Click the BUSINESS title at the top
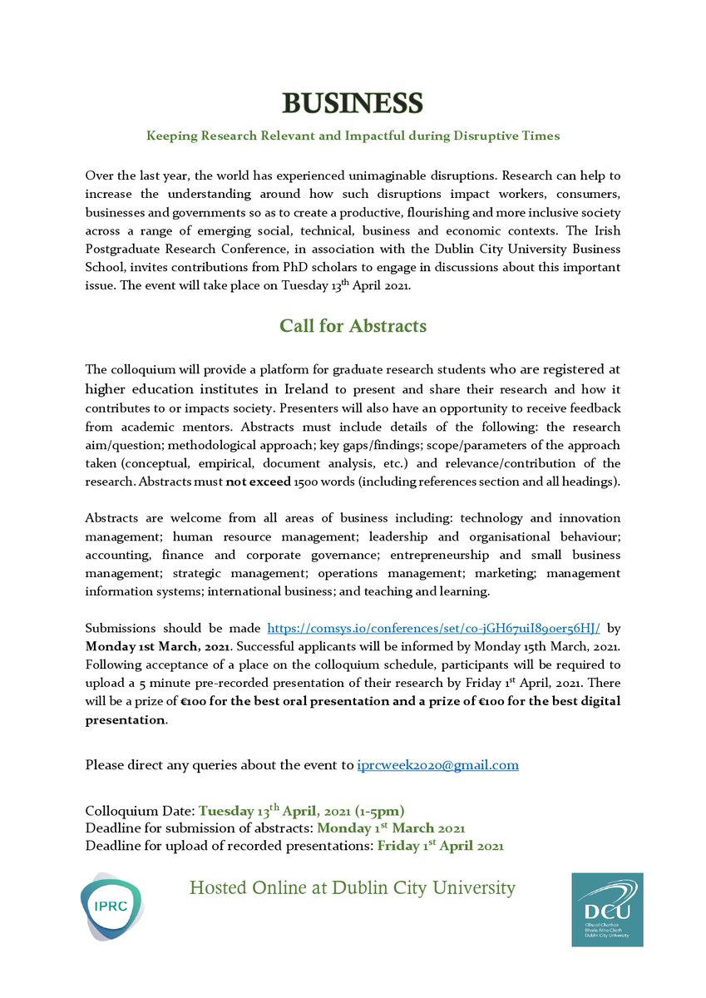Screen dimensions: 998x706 pyautogui.click(x=353, y=103)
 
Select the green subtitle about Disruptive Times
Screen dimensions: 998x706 pyautogui.click(x=353, y=135)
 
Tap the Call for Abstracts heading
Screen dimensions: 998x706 pyautogui.click(x=353, y=324)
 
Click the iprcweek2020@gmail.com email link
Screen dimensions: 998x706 pyautogui.click(x=438, y=764)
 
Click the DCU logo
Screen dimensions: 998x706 pyautogui.click(x=607, y=908)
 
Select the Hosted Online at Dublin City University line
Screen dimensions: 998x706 pyautogui.click(x=353, y=888)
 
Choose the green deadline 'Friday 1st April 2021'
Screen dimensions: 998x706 pyautogui.click(x=440, y=846)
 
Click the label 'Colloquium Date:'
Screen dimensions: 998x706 pyautogui.click(x=140, y=811)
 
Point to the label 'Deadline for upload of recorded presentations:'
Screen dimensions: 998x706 pyautogui.click(x=230, y=846)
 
